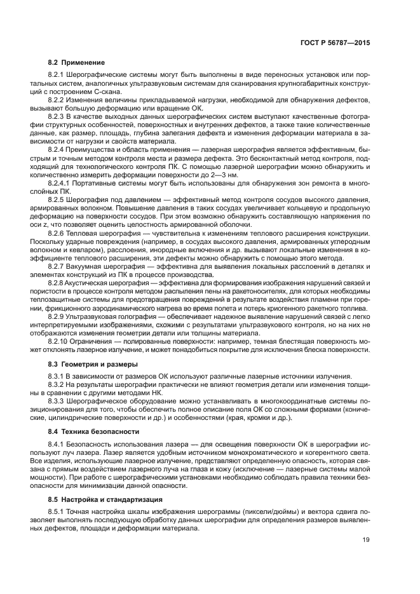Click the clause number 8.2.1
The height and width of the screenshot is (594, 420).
pos(57,77)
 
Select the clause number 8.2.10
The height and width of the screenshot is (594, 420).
pos(59,341)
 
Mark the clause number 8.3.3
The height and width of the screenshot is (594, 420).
pos(57,402)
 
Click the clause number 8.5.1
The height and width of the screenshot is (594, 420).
pos(57,513)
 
